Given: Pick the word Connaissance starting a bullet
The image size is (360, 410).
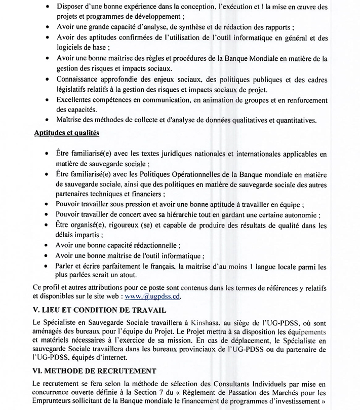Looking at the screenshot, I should [81, 80].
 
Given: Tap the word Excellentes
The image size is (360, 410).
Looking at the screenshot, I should [76, 99].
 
